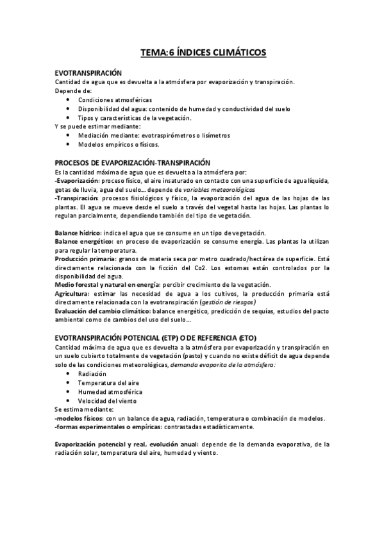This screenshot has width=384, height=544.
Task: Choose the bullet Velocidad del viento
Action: (106, 400)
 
